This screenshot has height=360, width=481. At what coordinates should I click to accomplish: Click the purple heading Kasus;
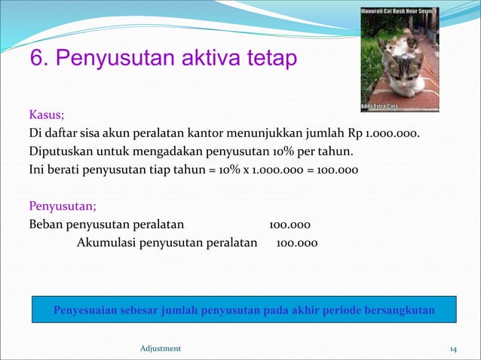(x=46, y=115)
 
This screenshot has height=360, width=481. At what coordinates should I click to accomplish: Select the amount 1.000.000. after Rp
(x=393, y=134)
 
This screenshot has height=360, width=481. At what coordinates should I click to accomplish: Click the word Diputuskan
(x=59, y=151)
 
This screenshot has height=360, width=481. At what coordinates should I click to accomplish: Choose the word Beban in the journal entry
(x=45, y=224)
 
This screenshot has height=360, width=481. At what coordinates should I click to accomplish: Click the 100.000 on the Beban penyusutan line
(x=290, y=224)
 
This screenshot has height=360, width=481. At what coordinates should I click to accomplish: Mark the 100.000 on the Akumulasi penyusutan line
(x=297, y=243)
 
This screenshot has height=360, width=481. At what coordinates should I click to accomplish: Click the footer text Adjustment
(x=161, y=348)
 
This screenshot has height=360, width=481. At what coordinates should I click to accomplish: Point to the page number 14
(x=453, y=348)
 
